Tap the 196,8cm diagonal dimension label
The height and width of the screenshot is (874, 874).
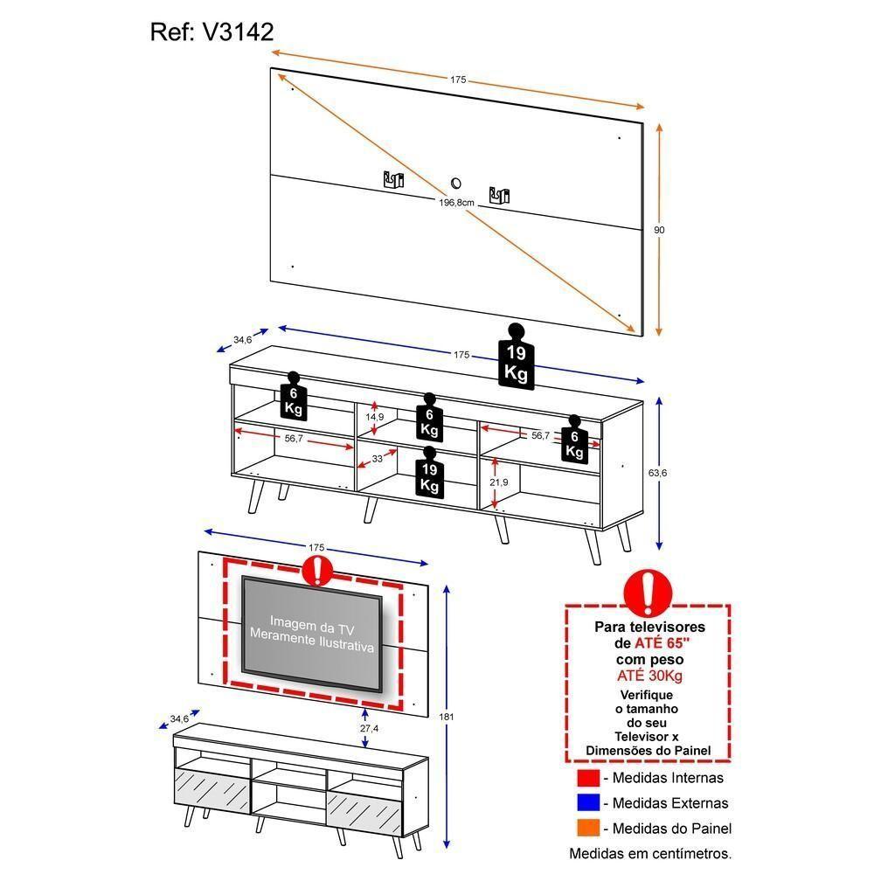click(x=456, y=202)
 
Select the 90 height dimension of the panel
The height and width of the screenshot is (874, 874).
click(x=660, y=230)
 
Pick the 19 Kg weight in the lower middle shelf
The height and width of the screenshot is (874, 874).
click(x=429, y=471)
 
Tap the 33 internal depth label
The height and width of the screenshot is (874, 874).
click(x=378, y=458)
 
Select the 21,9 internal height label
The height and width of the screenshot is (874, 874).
click(x=499, y=482)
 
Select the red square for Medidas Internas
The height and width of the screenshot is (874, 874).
click(x=589, y=778)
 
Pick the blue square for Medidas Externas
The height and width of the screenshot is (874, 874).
click(x=589, y=802)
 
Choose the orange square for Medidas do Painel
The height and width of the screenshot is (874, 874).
click(x=589, y=828)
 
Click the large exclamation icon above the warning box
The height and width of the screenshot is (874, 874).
click(x=648, y=593)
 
